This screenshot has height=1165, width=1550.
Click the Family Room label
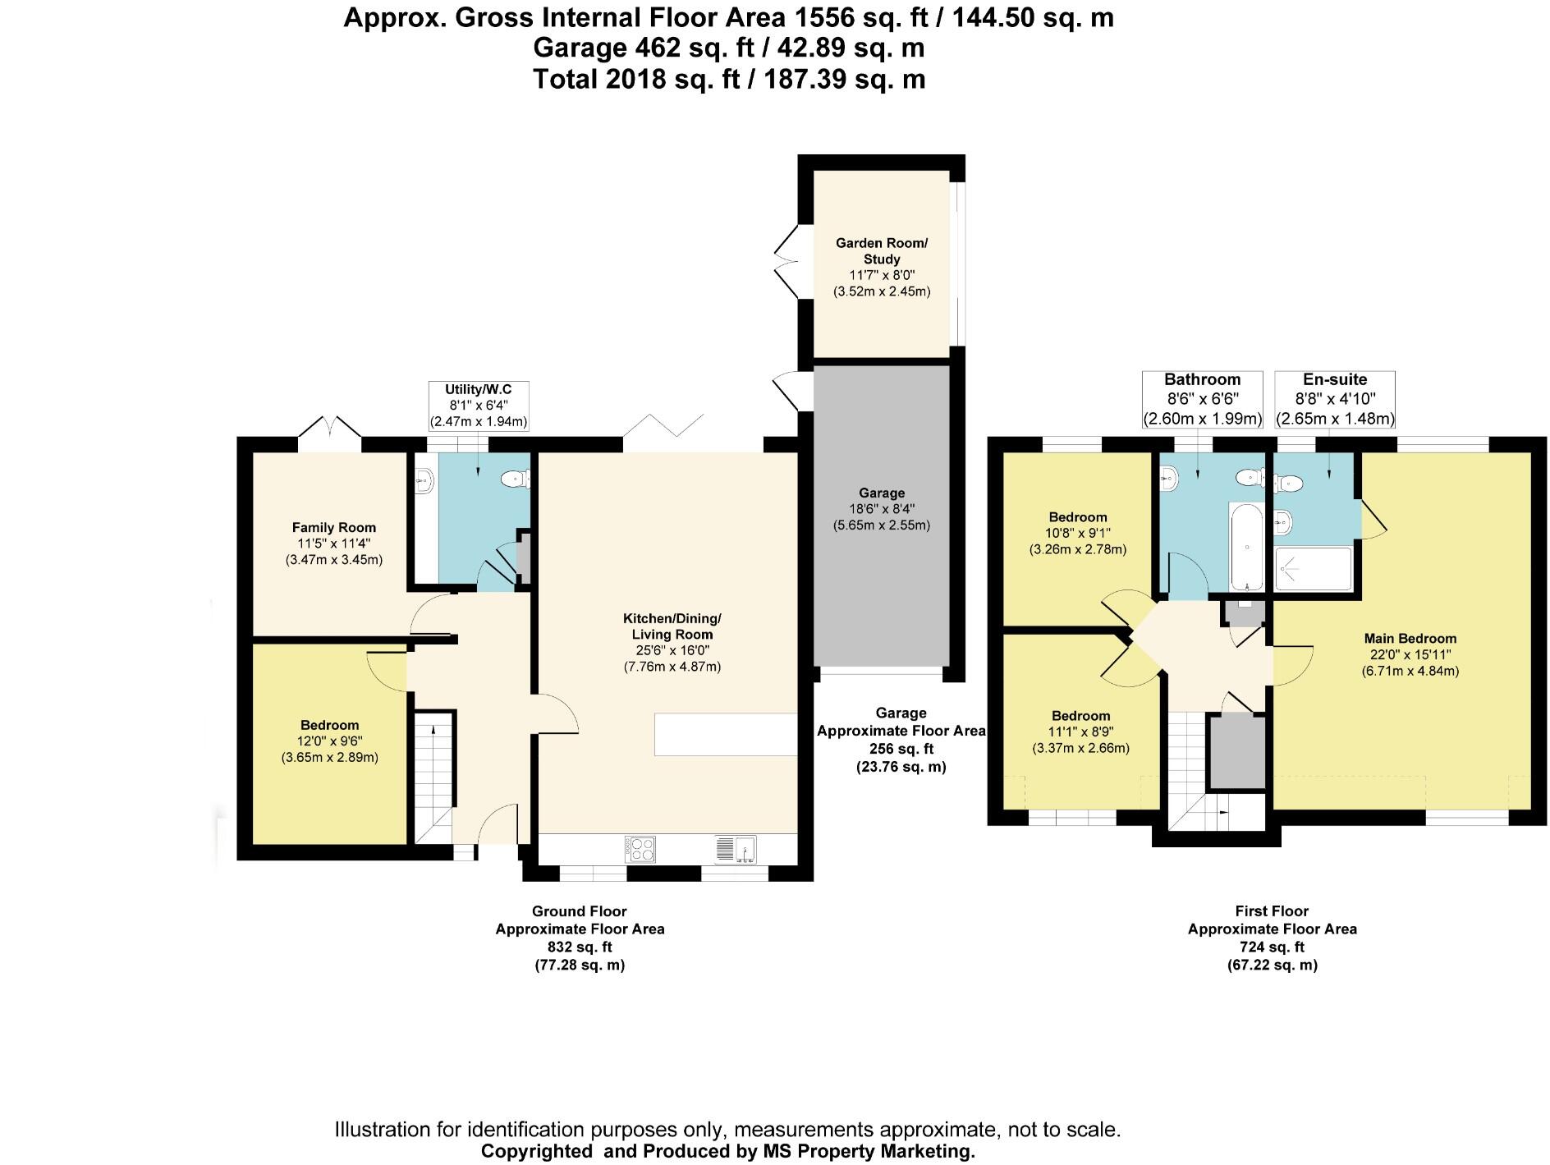[333, 528]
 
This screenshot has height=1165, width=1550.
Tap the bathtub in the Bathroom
[1246, 546]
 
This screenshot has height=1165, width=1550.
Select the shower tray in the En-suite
[1312, 569]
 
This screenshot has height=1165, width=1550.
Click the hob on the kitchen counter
[640, 848]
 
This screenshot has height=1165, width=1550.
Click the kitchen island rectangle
[725, 734]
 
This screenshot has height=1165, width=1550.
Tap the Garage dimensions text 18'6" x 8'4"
[882, 509]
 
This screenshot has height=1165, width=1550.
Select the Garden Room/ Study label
[882, 250]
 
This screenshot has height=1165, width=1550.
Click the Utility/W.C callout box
[479, 405]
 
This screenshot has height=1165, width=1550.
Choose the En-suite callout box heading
[1335, 379]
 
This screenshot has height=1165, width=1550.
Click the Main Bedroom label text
[1410, 639]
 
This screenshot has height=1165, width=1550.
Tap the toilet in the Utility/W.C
[518, 478]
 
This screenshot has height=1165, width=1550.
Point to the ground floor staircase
[432, 776]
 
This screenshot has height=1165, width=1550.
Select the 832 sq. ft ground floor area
[580, 947]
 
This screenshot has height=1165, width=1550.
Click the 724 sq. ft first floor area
[1272, 947]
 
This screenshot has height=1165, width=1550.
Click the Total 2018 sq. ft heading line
[728, 80]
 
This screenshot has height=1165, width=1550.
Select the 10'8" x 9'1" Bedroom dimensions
[1077, 533]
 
